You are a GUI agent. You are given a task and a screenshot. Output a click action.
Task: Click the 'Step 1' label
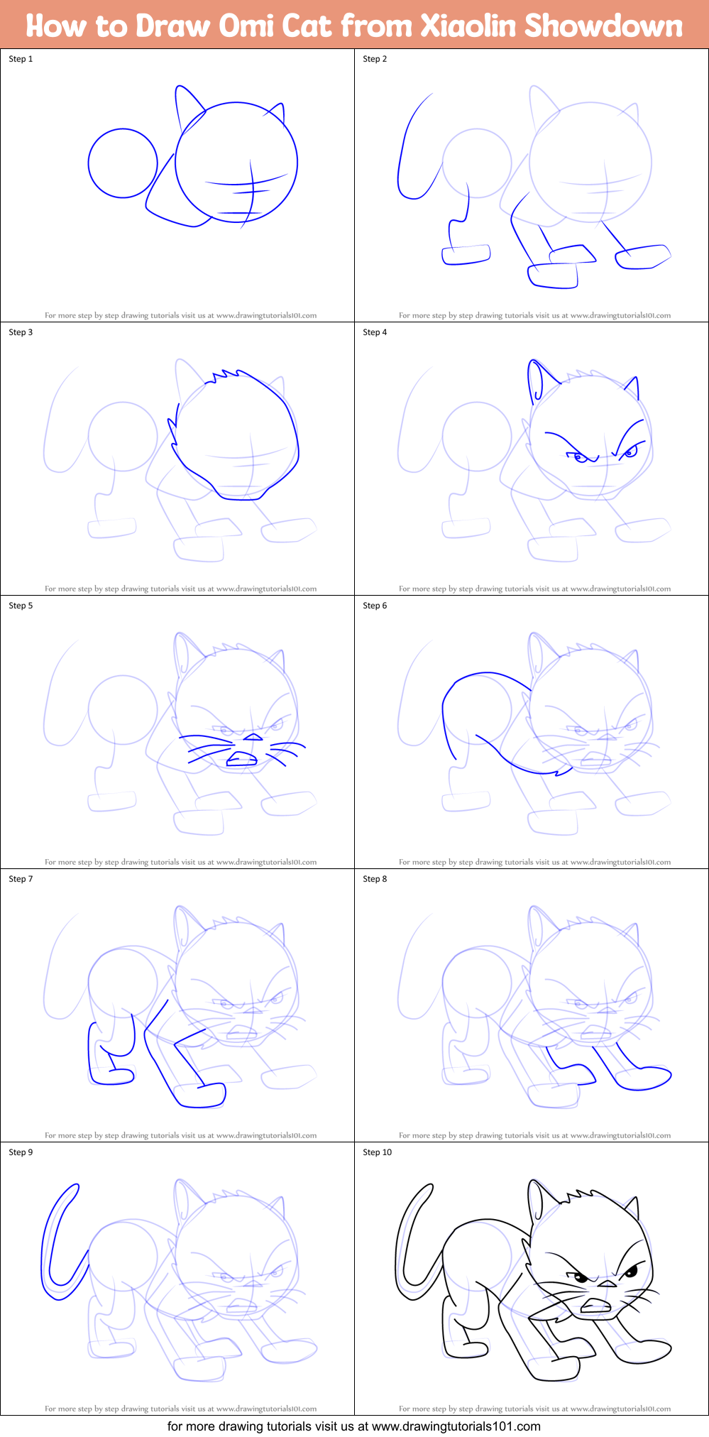21,59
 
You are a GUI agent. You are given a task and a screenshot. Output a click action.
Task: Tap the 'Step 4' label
375,332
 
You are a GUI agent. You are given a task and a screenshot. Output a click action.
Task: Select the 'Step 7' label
21,879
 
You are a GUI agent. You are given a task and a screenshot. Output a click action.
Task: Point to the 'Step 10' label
377,1152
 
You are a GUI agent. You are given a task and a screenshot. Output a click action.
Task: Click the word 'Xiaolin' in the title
468,26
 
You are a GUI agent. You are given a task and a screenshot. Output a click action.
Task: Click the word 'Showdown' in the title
603,26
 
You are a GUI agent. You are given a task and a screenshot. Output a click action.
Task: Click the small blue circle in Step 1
123,163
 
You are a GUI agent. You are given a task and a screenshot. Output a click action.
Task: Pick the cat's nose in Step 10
606,1284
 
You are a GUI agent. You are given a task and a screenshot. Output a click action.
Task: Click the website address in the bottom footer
456,1426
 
